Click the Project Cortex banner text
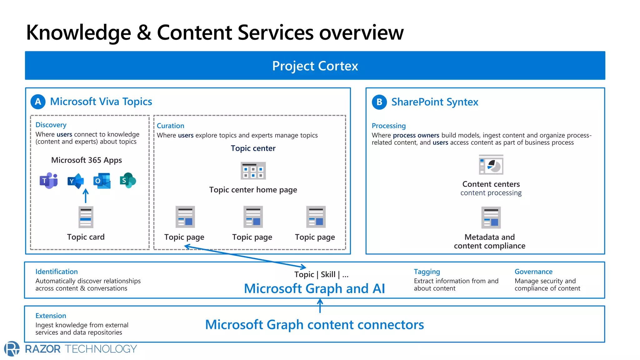point(315,66)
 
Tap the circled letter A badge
point(38,102)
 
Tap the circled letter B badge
point(379,102)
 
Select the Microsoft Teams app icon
point(49,181)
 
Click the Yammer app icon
point(76,181)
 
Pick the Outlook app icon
point(102,181)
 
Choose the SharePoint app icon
point(127,180)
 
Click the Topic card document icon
point(86,217)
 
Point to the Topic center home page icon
point(253,171)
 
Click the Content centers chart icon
point(491,165)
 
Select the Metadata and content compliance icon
point(491,217)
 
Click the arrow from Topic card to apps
point(86,196)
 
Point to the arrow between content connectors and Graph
point(320,306)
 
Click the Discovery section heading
point(51,125)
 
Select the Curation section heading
point(170,126)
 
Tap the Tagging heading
point(427,272)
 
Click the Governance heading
point(533,272)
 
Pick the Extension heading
point(51,316)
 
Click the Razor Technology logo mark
point(12,349)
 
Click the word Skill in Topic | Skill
point(328,274)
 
